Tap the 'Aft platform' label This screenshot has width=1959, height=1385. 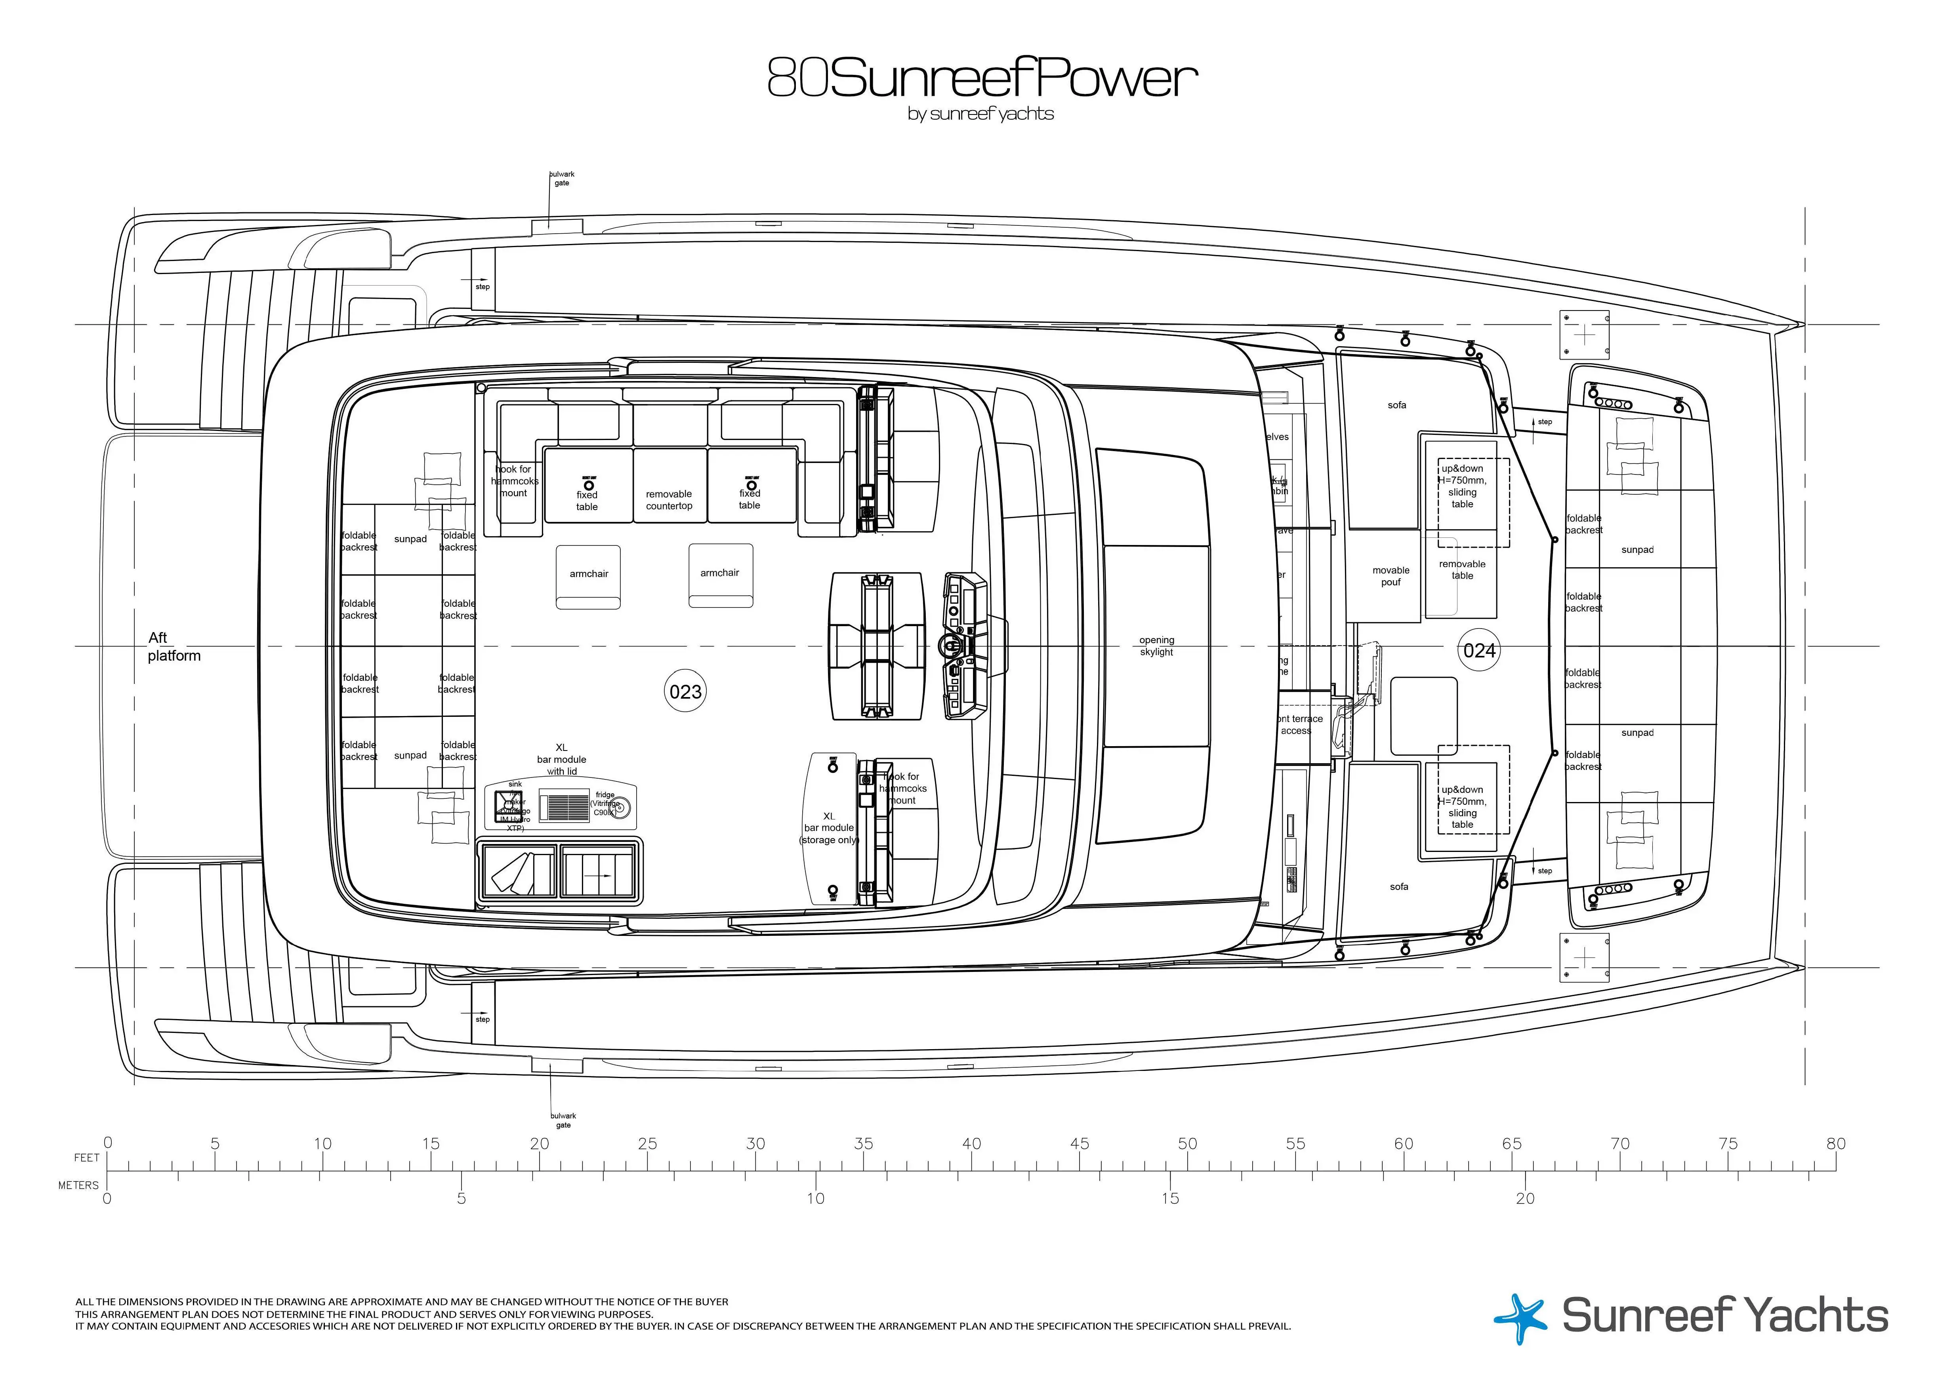coord(173,646)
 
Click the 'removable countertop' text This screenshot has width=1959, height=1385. coord(669,500)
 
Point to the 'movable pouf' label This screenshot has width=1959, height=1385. coord(1391,577)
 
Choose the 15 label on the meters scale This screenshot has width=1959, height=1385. coord(1170,1198)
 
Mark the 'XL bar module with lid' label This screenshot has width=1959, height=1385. coord(561,759)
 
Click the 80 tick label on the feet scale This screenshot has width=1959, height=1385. coord(1835,1144)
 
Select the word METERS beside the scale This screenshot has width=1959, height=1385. coord(78,1185)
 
